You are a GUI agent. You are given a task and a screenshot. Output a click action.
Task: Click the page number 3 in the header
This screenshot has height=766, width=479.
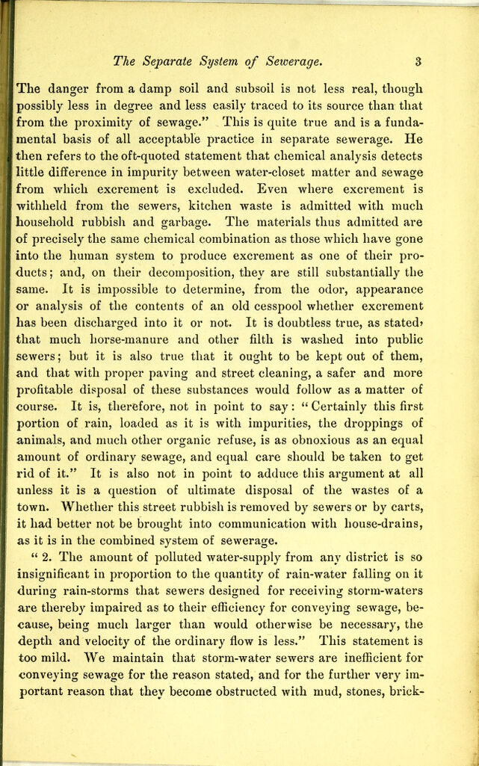click(421, 61)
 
